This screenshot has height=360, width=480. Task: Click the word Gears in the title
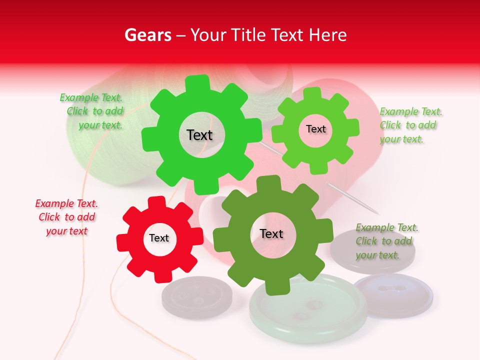point(147,35)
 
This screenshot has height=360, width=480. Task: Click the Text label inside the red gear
point(159,238)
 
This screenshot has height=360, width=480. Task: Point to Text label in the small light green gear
point(315,129)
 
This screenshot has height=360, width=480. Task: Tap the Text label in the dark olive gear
point(271,233)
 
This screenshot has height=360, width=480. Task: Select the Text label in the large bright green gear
point(199,135)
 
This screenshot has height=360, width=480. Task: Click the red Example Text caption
point(66,217)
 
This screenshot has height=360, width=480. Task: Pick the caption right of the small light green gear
point(410,125)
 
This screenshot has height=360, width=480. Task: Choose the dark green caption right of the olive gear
point(386,241)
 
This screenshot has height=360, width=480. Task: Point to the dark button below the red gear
point(196,297)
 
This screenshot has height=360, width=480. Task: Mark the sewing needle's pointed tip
point(378,212)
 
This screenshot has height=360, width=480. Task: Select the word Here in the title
point(328,35)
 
